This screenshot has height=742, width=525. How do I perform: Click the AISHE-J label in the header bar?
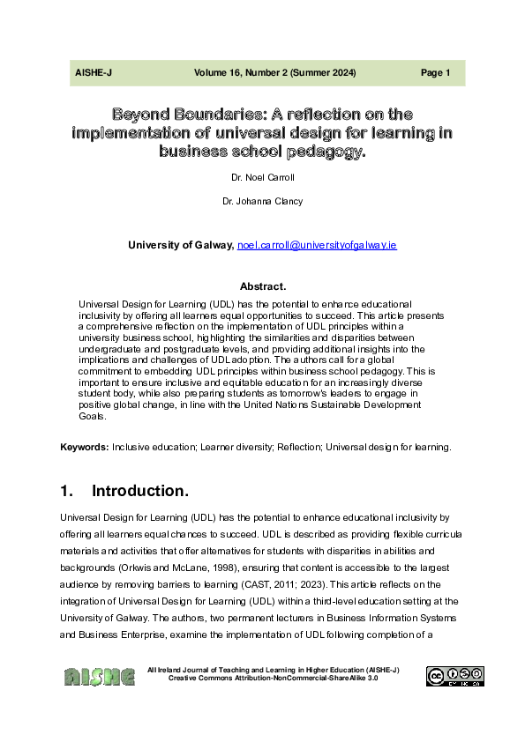point(93,73)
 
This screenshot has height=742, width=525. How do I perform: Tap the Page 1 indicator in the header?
point(436,73)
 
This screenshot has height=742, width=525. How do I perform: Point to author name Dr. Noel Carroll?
point(261,177)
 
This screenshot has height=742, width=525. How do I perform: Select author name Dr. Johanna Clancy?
point(262,202)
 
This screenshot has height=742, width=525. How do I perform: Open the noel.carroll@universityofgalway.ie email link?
point(317,244)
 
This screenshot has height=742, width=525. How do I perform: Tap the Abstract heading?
point(262,286)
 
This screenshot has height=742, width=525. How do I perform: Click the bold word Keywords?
point(85,448)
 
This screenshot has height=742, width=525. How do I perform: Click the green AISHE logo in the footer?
point(99,677)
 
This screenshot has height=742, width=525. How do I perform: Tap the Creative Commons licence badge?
point(454,676)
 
